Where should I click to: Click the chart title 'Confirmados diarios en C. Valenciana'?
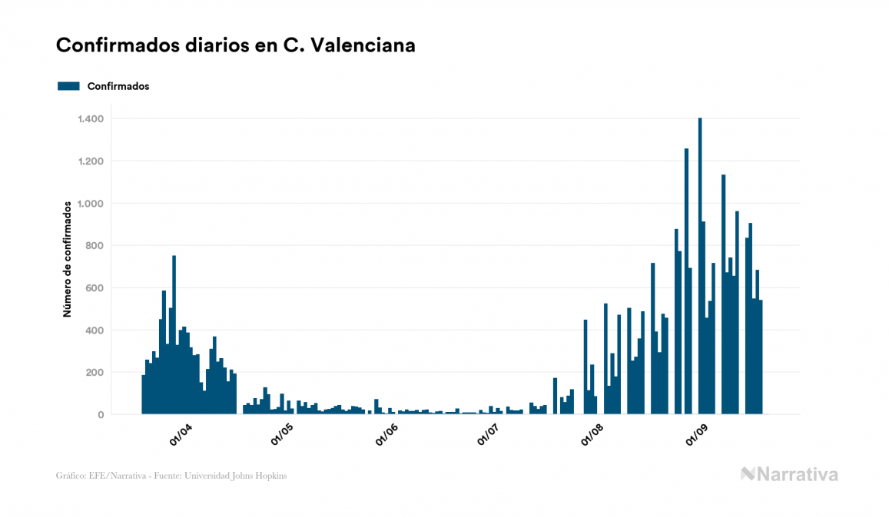tap(236, 45)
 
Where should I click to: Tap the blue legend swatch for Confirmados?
tap(68, 86)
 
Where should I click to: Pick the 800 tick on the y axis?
tap(95, 246)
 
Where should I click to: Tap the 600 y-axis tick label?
tap(95, 288)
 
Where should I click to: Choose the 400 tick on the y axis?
tap(95, 330)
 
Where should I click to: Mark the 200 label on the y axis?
tap(95, 373)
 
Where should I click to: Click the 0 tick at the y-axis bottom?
tap(101, 415)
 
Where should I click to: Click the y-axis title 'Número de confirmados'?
tap(67, 260)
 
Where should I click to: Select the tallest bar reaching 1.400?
tap(699, 265)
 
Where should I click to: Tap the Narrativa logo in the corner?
tap(789, 474)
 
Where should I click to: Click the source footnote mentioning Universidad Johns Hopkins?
tap(171, 476)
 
